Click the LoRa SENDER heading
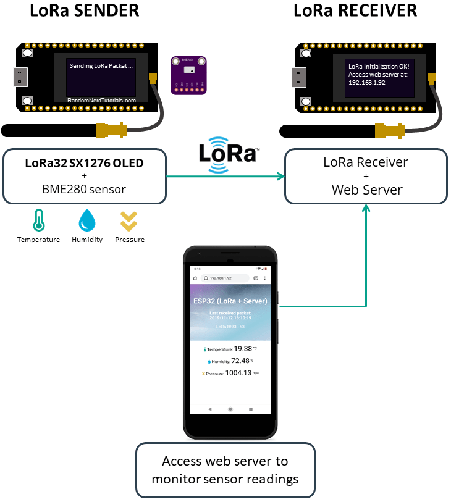pos(85,11)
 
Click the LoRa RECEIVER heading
pos(355,11)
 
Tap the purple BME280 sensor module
pos(188,74)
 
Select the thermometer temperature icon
pos(39,220)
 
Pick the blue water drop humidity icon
pos(86,220)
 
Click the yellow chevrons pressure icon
pos(129,220)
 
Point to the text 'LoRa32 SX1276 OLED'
pos(84,164)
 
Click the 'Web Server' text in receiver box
pos(366,190)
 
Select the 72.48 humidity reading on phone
pos(240,361)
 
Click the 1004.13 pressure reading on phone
pos(238,373)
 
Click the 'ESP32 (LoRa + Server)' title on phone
pos(230,301)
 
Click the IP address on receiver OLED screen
pos(366,82)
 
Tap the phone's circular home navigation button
pos(230,409)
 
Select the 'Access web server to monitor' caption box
pos(225,470)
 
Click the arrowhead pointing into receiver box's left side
pos(281,177)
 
